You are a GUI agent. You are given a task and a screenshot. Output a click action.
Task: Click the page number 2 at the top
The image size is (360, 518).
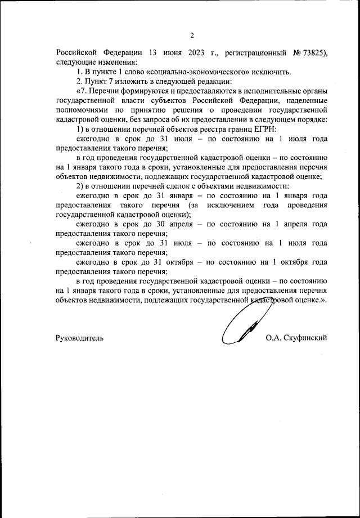(192, 35)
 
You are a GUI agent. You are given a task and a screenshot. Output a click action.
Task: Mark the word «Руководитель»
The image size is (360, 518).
(79, 338)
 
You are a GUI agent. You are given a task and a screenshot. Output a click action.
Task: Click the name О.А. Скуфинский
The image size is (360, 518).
(295, 338)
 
